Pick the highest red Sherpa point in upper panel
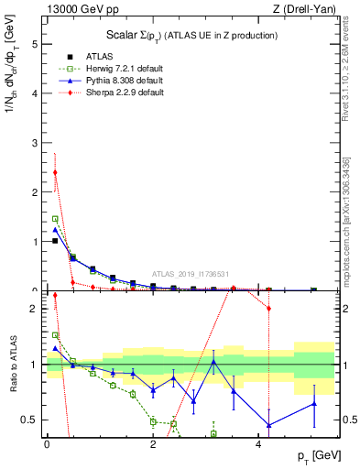pyautogui.click(x=55, y=172)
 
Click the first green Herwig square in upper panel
pyautogui.click(x=55, y=219)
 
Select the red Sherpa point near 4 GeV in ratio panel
pyautogui.click(x=269, y=308)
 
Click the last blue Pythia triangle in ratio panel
pyautogui.click(x=314, y=403)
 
